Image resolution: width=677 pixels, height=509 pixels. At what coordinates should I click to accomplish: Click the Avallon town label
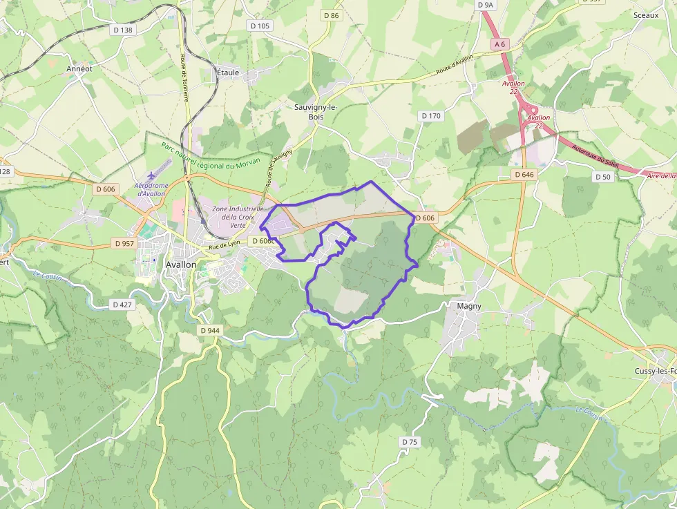click(x=181, y=265)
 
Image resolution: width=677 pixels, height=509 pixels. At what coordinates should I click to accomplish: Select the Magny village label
click(x=469, y=305)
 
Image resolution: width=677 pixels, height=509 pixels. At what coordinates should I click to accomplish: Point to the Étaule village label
click(x=227, y=72)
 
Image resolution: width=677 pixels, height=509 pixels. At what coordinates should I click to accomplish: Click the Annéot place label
click(x=79, y=69)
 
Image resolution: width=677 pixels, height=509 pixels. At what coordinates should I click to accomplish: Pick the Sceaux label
click(x=646, y=15)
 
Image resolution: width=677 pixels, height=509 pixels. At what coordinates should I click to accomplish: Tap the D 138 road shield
click(x=122, y=30)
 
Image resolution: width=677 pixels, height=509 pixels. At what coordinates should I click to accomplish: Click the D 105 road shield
click(x=259, y=26)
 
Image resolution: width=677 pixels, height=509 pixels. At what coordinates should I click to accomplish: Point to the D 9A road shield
click(x=486, y=5)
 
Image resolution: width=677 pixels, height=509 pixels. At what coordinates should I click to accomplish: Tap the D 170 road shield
click(x=431, y=116)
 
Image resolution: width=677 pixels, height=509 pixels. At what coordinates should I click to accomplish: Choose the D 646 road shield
click(x=524, y=175)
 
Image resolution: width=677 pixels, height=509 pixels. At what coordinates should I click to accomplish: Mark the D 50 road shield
click(x=603, y=177)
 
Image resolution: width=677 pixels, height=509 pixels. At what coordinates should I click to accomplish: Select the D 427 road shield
click(x=122, y=305)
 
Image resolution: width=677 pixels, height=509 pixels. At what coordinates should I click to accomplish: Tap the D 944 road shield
click(x=210, y=330)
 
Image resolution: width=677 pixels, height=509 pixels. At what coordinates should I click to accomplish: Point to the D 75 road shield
click(x=410, y=441)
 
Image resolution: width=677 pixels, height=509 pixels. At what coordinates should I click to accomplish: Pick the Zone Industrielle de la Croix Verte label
click(x=238, y=216)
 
